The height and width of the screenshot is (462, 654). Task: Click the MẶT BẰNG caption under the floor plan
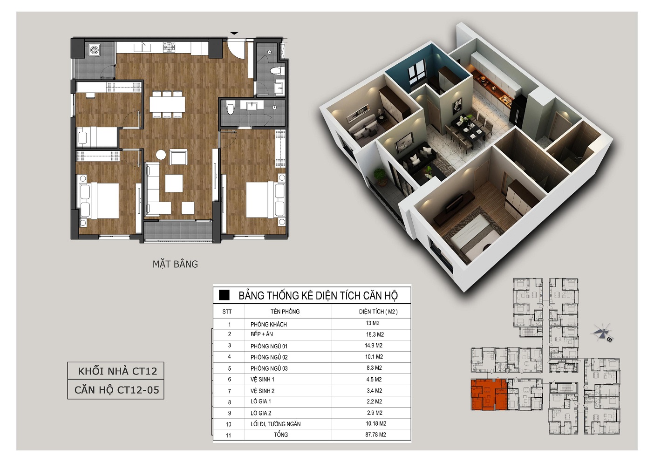[x=175, y=264]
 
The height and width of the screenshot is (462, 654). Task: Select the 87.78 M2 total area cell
[x=375, y=435]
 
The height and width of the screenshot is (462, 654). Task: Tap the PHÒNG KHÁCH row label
[x=269, y=324]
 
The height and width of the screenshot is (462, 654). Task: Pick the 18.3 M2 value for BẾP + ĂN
[x=375, y=334]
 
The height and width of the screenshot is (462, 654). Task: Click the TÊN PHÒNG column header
[x=285, y=312]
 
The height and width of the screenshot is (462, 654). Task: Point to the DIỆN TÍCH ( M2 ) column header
[x=378, y=312]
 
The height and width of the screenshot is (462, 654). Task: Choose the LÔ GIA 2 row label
[x=261, y=413]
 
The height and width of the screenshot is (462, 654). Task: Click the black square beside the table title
[x=224, y=295]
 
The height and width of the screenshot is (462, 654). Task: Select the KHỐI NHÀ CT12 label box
[x=116, y=371]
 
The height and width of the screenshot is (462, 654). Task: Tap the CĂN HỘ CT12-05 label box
[x=116, y=390]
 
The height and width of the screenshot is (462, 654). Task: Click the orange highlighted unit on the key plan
[x=489, y=394]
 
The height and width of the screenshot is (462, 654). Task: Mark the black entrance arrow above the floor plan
[x=234, y=33]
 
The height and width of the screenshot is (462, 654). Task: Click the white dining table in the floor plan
[x=167, y=104]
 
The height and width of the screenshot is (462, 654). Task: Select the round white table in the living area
[x=161, y=155]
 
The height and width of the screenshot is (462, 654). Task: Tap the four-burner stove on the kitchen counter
[x=170, y=47]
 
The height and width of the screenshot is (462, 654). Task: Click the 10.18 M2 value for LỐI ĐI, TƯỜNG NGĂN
[x=375, y=423]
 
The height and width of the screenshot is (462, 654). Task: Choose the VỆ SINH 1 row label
[x=262, y=380]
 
